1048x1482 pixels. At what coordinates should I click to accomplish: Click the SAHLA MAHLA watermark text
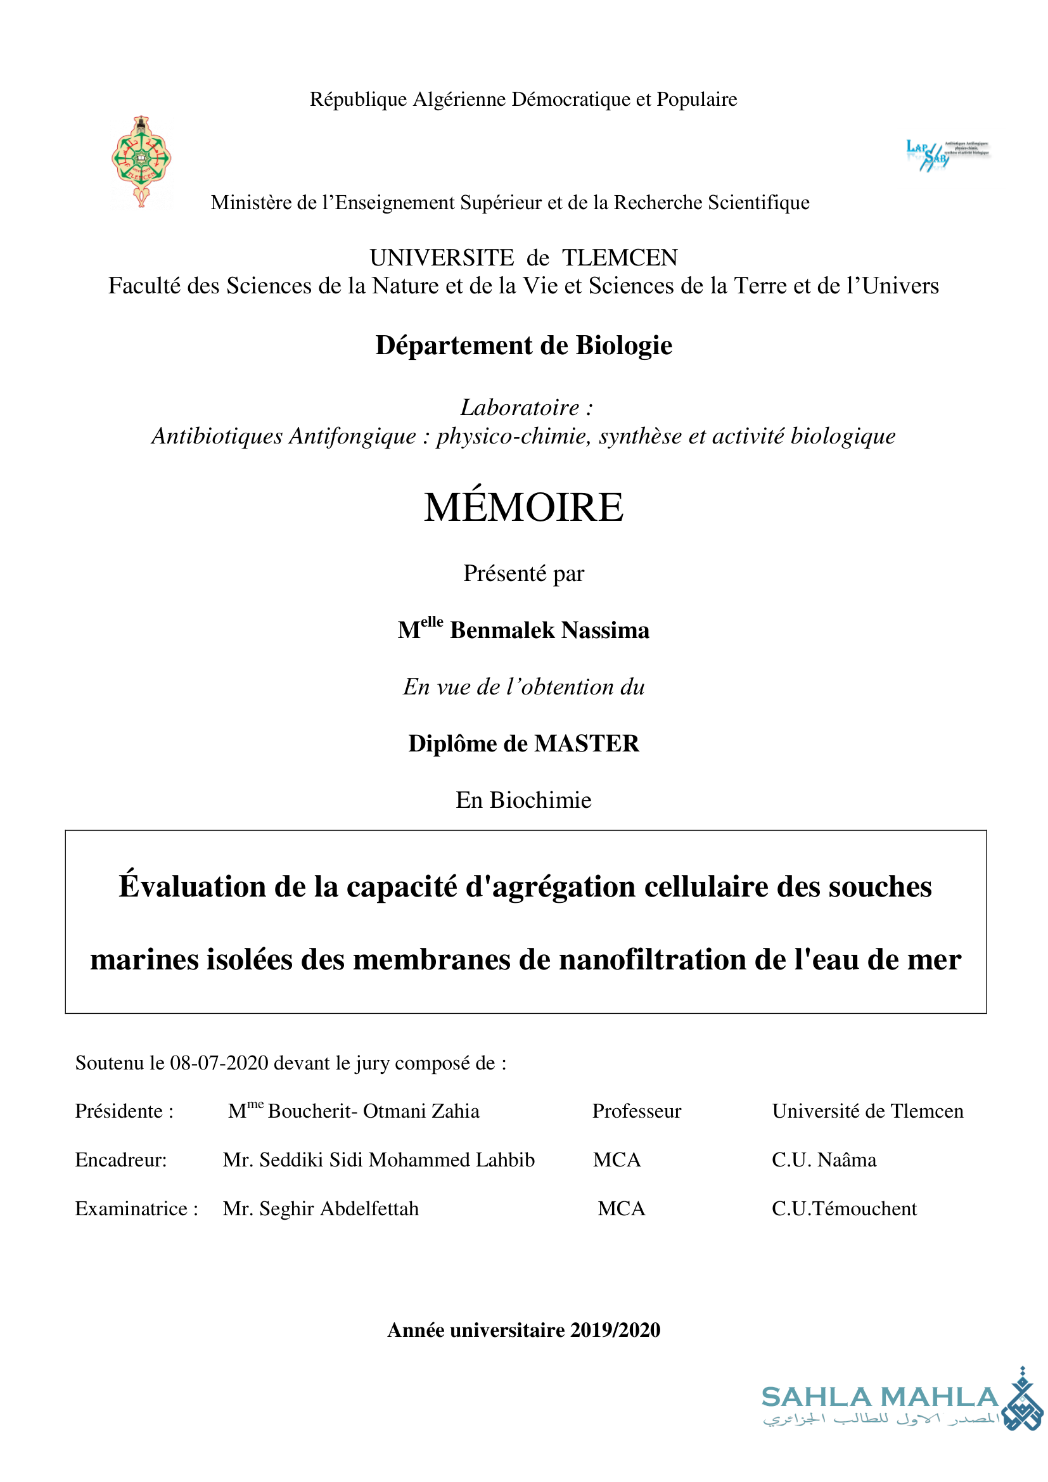pos(879,1397)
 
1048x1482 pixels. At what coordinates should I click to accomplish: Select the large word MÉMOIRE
pos(523,508)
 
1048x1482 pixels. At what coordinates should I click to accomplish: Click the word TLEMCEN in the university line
pos(620,257)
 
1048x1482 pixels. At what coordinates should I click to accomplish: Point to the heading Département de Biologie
pos(523,345)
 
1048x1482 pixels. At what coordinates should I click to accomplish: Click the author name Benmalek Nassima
pos(549,630)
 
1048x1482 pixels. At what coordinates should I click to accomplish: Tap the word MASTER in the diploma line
pos(587,744)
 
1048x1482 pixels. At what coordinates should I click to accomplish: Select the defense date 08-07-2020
pos(219,1063)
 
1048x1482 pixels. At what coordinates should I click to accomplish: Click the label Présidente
pos(119,1111)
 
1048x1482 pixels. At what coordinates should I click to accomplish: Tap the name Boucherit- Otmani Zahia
pos(373,1111)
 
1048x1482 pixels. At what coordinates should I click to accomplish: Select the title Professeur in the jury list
pos(636,1111)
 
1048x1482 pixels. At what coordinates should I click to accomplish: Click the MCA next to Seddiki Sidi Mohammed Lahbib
pos(617,1160)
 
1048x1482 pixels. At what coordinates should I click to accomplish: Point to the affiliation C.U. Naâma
pos(824,1160)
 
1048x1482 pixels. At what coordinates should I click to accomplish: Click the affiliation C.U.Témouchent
pos(843,1208)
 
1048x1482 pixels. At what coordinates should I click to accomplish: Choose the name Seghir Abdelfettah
pos(339,1208)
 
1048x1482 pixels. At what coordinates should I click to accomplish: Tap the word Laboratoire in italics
pos(520,407)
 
